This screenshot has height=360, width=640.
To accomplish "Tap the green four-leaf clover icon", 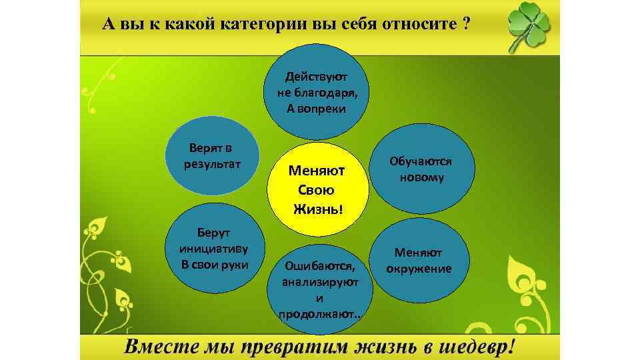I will pyautogui.click(x=529, y=27).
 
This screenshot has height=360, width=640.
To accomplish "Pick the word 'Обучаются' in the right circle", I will pyautogui.click(x=421, y=162).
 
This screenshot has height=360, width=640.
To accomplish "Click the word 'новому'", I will pyautogui.click(x=421, y=178).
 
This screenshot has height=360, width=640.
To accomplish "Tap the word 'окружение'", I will pyautogui.click(x=419, y=269).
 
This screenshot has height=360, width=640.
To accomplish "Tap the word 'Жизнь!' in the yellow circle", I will pyautogui.click(x=319, y=210).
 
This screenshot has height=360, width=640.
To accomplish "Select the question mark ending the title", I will pyautogui.click(x=465, y=25).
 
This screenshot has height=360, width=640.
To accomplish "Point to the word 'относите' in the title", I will pyautogui.click(x=421, y=25).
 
